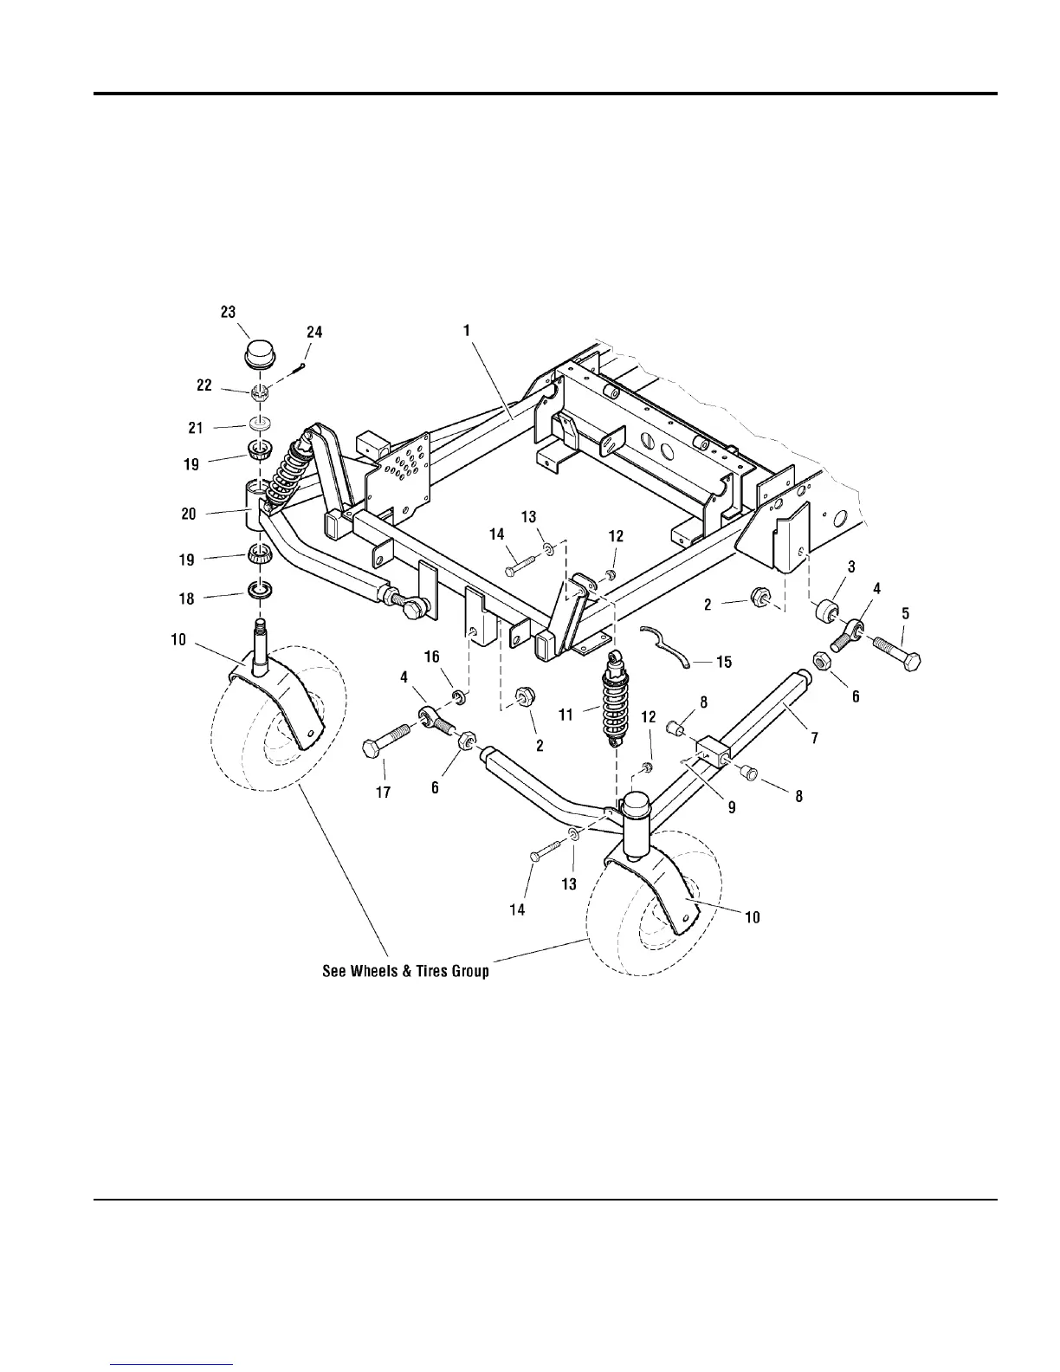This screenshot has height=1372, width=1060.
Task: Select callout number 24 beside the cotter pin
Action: (314, 332)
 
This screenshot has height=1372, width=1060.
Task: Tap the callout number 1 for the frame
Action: (466, 329)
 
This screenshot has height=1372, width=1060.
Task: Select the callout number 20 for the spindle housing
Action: (188, 514)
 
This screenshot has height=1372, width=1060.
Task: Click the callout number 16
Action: (431, 657)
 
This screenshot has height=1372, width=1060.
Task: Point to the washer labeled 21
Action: (258, 424)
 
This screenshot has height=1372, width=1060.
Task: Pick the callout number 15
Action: (723, 662)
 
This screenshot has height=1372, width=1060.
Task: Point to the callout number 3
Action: (851, 566)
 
